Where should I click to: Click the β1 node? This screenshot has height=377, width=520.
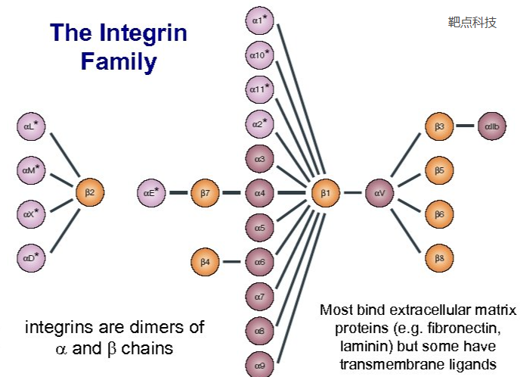click(x=325, y=193)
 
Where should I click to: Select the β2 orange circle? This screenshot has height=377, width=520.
click(x=89, y=193)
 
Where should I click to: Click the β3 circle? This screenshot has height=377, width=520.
click(x=439, y=126)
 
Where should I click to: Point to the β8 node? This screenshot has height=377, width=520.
click(x=439, y=258)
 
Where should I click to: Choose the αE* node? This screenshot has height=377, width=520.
click(x=151, y=193)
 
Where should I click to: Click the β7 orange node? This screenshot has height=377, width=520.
click(x=204, y=193)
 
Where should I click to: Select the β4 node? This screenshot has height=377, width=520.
click(x=204, y=262)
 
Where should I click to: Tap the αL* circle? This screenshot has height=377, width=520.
click(x=30, y=126)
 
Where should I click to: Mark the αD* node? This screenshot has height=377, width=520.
click(x=30, y=259)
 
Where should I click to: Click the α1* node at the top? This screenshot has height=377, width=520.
click(x=260, y=20)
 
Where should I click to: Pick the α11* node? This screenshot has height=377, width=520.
click(x=260, y=89)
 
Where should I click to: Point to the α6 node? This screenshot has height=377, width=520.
click(x=259, y=262)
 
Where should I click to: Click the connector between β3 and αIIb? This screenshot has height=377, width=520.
click(x=466, y=126)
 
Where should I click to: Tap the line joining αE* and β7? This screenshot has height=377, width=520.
click(x=178, y=193)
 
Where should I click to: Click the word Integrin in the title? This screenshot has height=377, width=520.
click(x=143, y=33)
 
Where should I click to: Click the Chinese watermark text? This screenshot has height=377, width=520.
click(x=472, y=22)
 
